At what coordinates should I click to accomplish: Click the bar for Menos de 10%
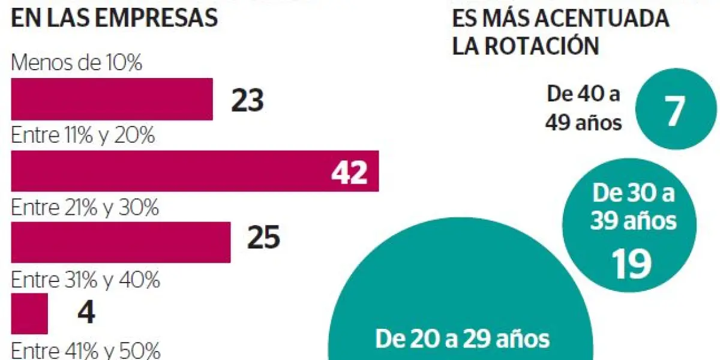112,99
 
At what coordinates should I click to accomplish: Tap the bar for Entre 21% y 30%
121,242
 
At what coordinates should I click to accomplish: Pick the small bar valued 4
29,313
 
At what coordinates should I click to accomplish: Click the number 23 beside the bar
247,100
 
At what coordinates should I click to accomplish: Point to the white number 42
349,172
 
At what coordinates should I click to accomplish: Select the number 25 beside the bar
263,238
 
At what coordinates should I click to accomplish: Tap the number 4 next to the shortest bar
86,313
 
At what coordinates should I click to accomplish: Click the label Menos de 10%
77,64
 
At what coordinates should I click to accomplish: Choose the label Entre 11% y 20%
83,136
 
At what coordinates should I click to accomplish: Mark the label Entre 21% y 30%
85,208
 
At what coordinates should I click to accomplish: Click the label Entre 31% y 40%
85,280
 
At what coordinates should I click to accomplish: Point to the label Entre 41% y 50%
85,350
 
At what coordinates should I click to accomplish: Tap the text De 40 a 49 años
583,108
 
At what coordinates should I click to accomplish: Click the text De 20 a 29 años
462,339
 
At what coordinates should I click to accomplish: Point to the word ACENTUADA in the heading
602,18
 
